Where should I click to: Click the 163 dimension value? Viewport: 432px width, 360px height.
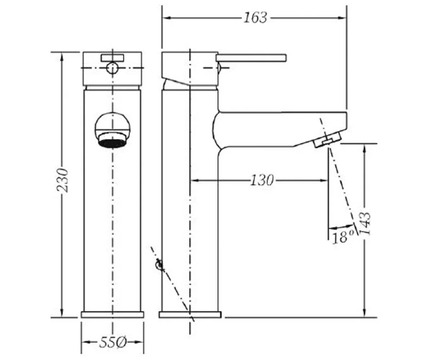(x=256, y=18)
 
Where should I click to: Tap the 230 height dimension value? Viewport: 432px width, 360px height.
(x=63, y=180)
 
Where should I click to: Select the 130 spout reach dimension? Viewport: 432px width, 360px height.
(x=262, y=181)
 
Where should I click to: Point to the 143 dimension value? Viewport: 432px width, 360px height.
(x=366, y=223)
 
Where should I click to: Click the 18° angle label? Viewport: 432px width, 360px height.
(x=343, y=237)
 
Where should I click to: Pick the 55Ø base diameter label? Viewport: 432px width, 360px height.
(x=113, y=343)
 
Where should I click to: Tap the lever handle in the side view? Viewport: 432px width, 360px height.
(x=251, y=58)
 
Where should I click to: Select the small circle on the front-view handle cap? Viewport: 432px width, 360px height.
(x=112, y=68)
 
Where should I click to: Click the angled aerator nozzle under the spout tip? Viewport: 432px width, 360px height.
(x=328, y=139)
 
